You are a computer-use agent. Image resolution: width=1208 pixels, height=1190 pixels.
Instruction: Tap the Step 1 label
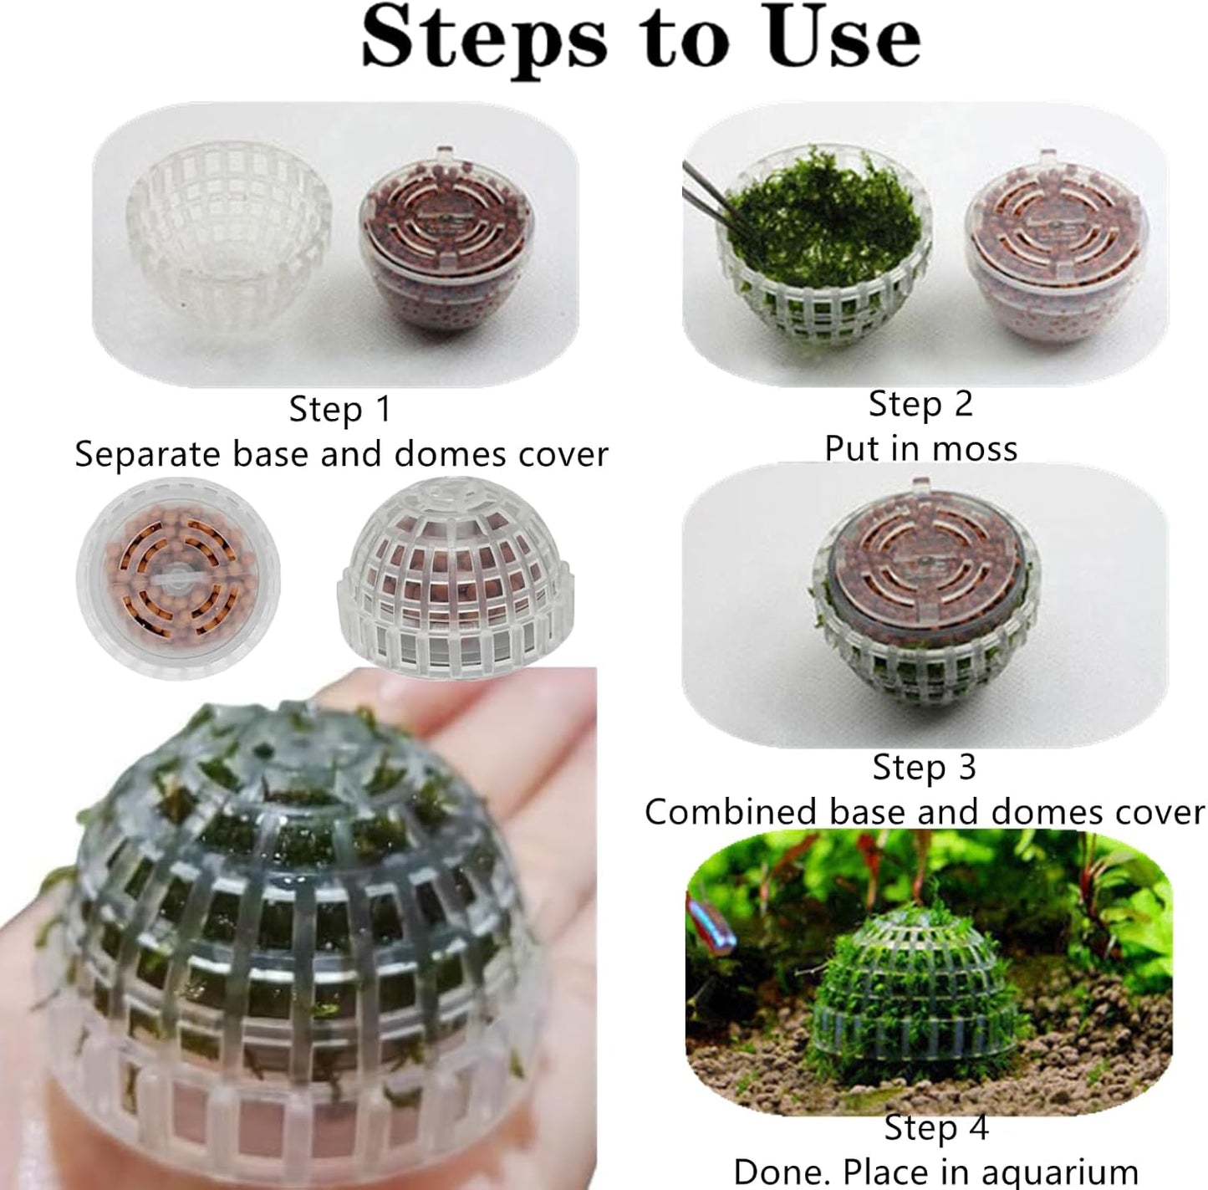point(339,409)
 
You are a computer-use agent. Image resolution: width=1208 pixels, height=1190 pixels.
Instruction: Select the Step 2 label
point(920,404)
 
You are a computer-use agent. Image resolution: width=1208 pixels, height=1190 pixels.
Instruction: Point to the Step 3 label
point(924,767)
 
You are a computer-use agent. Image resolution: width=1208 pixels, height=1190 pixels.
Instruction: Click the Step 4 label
point(936,1127)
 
